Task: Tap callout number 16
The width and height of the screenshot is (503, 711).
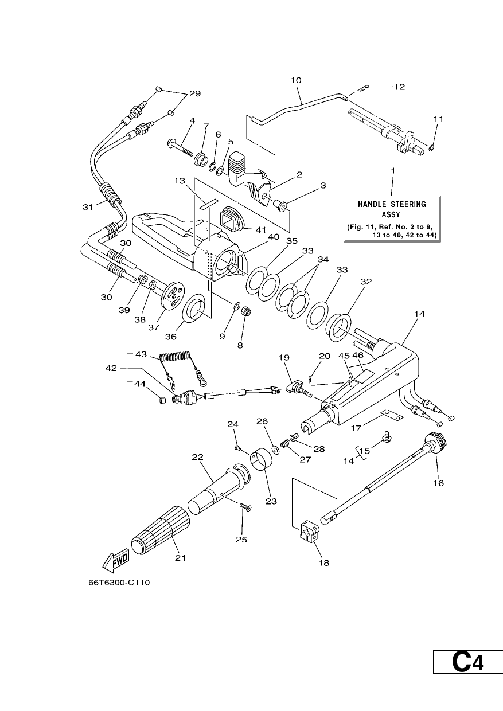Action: point(439,483)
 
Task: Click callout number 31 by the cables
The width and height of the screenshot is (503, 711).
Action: point(88,207)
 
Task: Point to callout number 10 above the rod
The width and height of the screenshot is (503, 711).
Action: point(296,80)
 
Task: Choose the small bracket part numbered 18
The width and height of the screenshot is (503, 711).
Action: point(309,529)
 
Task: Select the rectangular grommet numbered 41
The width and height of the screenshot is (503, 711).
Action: point(234,218)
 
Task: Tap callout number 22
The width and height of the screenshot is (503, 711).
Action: point(197,458)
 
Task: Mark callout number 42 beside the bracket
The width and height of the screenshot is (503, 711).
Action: point(111,368)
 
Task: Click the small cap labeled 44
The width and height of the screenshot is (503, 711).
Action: point(162,400)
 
